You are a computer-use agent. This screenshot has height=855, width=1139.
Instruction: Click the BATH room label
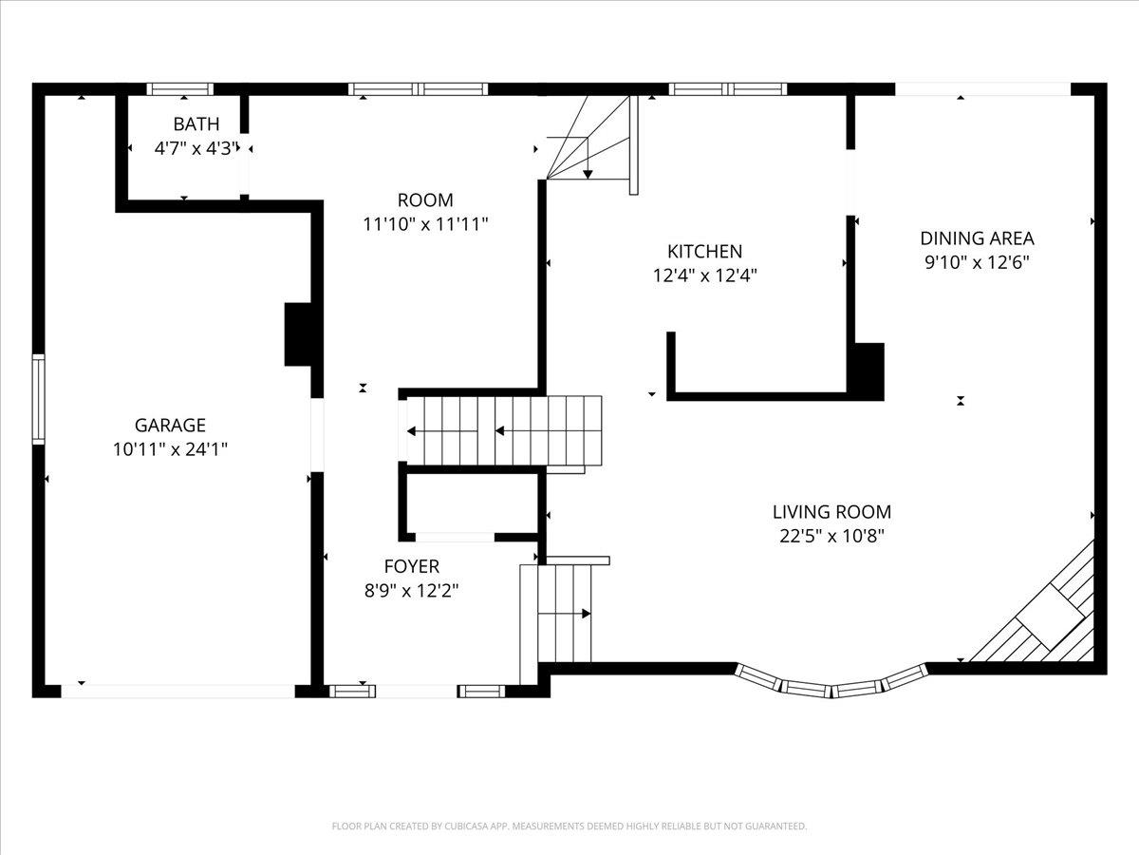click(x=196, y=124)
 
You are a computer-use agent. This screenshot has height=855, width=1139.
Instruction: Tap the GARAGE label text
click(x=170, y=426)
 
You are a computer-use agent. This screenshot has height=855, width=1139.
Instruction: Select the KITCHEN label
click(x=704, y=251)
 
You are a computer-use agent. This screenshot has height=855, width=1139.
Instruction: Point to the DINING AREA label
click(x=977, y=238)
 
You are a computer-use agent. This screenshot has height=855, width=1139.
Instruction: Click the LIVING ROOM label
click(x=831, y=512)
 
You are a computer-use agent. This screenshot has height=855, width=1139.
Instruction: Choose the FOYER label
click(x=412, y=566)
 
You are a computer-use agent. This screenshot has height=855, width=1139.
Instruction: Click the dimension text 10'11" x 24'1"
click(x=170, y=449)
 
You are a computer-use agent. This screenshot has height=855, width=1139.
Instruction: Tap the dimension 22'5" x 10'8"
click(x=831, y=536)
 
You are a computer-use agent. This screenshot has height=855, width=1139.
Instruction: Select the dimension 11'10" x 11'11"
click(x=425, y=224)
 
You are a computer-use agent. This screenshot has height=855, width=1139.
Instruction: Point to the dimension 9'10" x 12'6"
click(x=977, y=262)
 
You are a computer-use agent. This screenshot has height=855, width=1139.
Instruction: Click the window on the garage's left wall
click(x=38, y=399)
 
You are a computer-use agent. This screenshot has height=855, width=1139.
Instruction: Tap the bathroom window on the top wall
click(x=180, y=89)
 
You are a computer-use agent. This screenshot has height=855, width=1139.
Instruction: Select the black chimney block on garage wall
click(x=298, y=334)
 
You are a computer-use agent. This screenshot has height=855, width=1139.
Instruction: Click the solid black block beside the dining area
click(x=866, y=371)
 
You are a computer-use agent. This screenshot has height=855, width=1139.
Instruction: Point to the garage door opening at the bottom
click(x=178, y=691)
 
